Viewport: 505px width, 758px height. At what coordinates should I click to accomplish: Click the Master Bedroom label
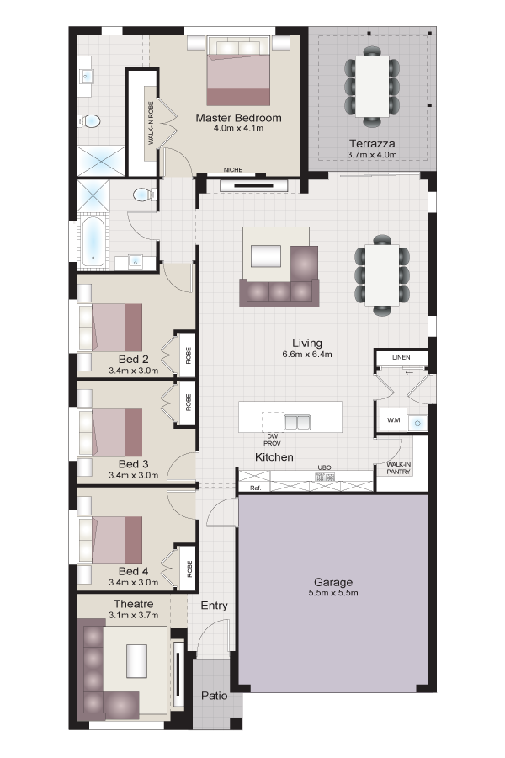tap(238, 118)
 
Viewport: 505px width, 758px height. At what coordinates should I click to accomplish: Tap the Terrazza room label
tap(372, 143)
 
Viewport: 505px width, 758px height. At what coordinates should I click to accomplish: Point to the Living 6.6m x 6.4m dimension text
tap(307, 355)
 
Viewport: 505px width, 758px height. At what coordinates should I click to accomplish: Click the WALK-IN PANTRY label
tap(398, 468)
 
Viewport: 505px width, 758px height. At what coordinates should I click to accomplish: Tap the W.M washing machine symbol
tap(393, 419)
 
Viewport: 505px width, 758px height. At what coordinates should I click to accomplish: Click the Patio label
tap(213, 697)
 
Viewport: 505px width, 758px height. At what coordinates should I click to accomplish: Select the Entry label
tap(214, 606)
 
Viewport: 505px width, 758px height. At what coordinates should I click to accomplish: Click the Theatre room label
tap(133, 604)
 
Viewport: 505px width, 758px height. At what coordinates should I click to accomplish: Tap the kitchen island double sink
tap(295, 421)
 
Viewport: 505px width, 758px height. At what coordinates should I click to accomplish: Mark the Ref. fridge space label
tap(256, 487)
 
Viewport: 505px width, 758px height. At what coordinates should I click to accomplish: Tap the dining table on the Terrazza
tap(372, 85)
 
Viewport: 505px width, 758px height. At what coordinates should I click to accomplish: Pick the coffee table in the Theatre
tap(136, 661)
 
